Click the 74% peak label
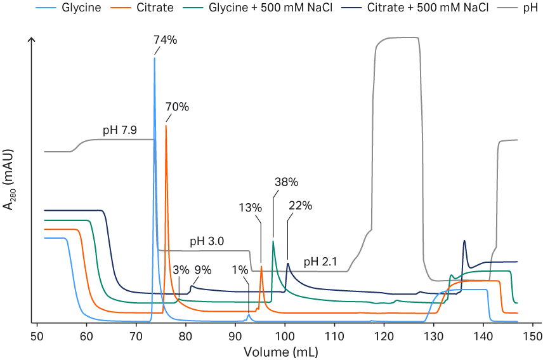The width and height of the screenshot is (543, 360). click(x=165, y=39)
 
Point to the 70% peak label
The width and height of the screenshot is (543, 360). click(x=178, y=107)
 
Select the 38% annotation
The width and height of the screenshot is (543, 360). click(x=286, y=182)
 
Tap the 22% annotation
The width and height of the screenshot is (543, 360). click(x=300, y=206)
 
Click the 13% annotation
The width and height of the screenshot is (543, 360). click(x=251, y=208)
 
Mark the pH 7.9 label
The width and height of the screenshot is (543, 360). click(x=121, y=131)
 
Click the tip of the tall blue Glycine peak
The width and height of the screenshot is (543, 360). click(x=154, y=58)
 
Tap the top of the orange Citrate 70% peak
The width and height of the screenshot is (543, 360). click(x=166, y=126)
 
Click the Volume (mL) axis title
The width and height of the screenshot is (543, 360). click(x=285, y=350)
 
